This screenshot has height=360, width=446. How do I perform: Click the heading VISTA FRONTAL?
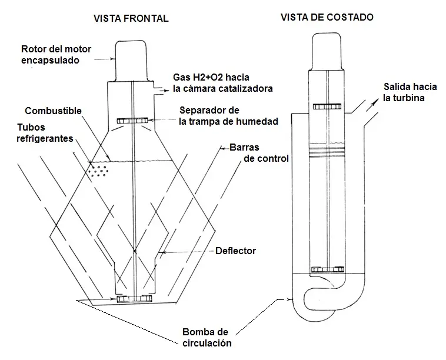(131, 18)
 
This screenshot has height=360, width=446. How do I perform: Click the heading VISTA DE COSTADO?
(327, 17)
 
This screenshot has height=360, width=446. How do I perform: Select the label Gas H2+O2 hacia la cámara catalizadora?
(223, 83)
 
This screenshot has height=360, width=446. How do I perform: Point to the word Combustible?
(53, 111)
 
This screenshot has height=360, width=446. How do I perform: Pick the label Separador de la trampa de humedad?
(227, 116)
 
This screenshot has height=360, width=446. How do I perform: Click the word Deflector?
(235, 251)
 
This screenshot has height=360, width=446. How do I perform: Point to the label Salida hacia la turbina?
(404, 92)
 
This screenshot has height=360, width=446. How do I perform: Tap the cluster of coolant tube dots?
(98, 170)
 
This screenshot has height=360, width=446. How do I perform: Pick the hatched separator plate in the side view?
(327, 106)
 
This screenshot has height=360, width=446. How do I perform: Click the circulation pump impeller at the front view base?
(134, 299)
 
